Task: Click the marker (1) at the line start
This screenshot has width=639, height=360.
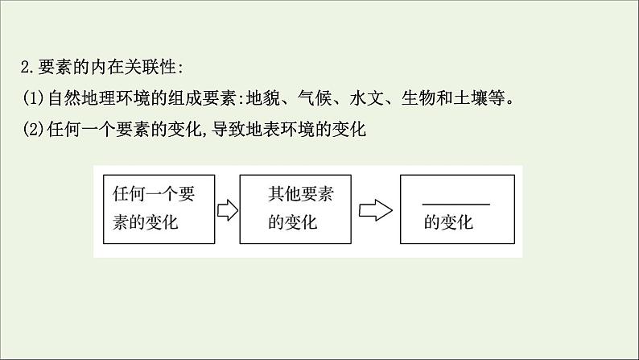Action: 35,99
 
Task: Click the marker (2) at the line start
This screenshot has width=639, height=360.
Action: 35,129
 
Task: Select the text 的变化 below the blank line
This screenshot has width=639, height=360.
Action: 448,223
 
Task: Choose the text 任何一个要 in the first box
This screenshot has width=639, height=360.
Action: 154,194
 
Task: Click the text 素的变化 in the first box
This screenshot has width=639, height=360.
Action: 145,222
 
